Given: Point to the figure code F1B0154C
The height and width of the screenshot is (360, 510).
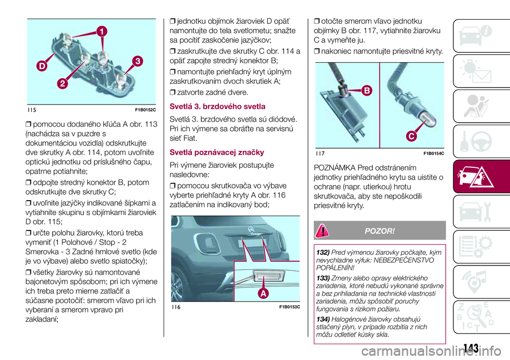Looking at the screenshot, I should click(433, 153).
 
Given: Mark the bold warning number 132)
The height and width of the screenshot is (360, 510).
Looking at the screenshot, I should click(323, 251).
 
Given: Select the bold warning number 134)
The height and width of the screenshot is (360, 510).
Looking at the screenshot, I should click(323, 319).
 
